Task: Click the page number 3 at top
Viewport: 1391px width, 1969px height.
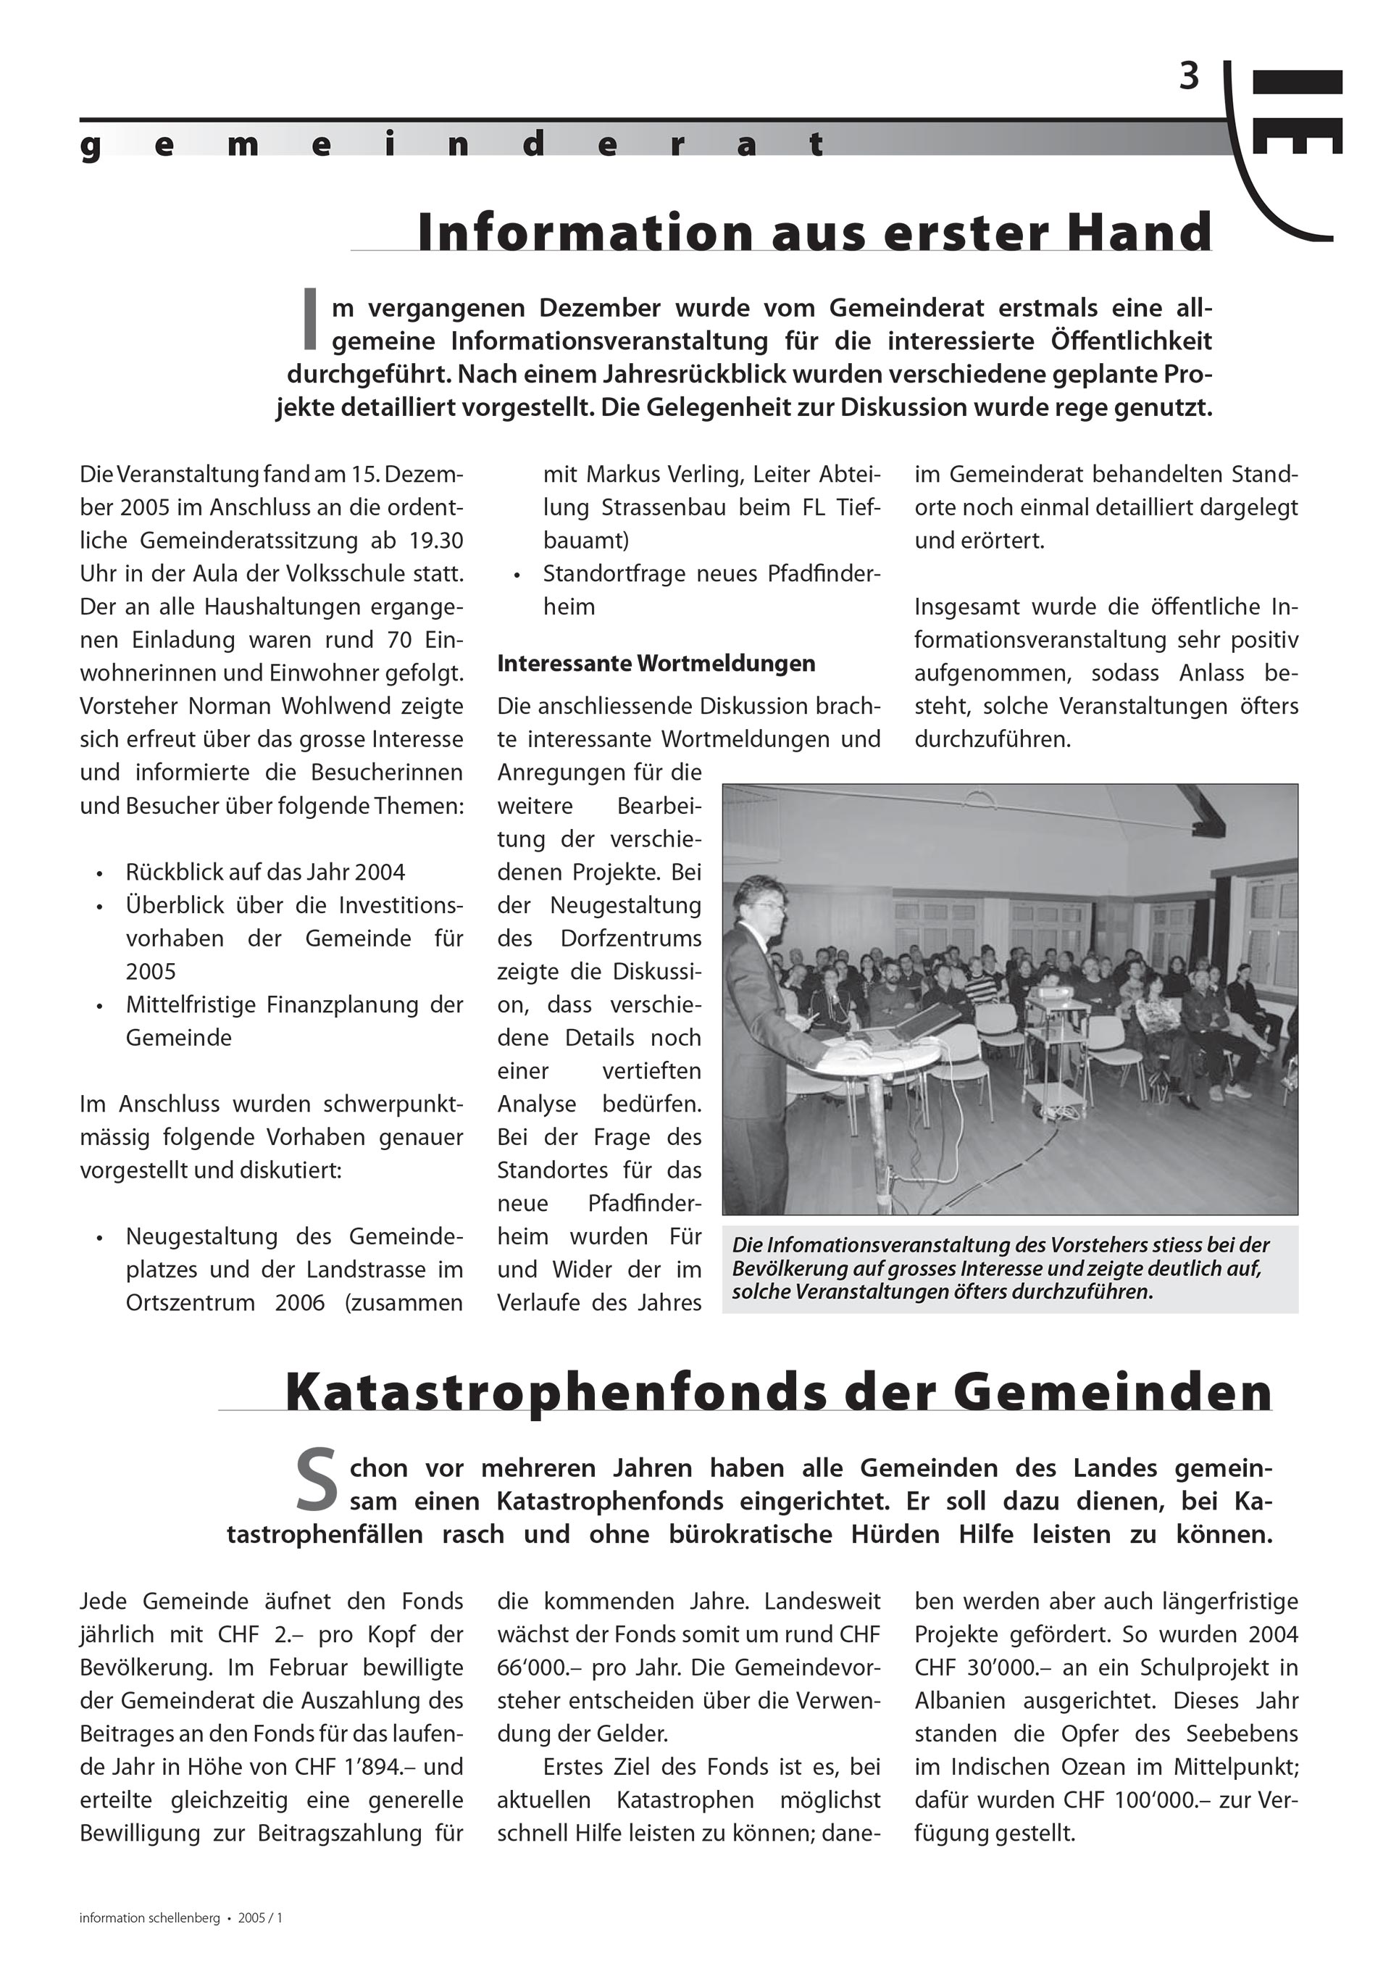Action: point(1189,78)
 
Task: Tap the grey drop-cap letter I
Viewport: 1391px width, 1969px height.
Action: point(311,319)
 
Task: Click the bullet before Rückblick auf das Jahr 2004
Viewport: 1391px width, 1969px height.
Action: point(100,874)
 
